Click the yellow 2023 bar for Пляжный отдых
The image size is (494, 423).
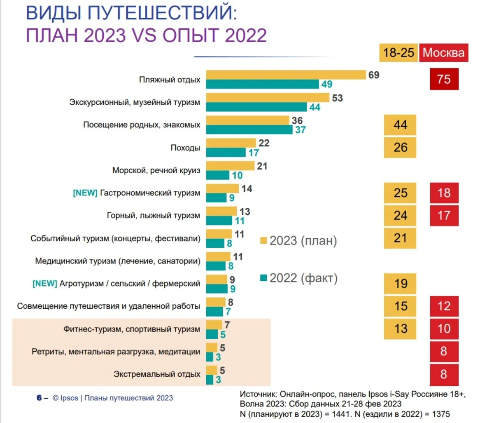point(286,75)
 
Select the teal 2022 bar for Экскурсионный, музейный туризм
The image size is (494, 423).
point(256,107)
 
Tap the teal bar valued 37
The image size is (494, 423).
point(249,129)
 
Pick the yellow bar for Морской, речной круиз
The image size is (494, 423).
point(230,166)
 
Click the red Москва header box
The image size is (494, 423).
point(443,53)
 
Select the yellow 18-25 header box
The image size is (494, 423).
point(398,53)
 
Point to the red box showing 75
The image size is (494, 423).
point(444,79)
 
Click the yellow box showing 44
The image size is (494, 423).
point(400,125)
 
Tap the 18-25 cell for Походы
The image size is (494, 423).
point(400,148)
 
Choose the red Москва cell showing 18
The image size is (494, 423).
point(444,193)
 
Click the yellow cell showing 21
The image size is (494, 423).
point(400,238)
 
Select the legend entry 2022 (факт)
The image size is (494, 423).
point(299,278)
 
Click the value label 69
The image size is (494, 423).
point(374,75)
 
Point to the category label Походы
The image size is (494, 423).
point(185,148)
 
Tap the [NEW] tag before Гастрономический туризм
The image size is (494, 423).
point(85,193)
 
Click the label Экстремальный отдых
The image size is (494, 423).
point(157,374)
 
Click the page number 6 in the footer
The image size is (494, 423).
point(39,398)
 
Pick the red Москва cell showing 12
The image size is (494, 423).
point(444,306)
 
